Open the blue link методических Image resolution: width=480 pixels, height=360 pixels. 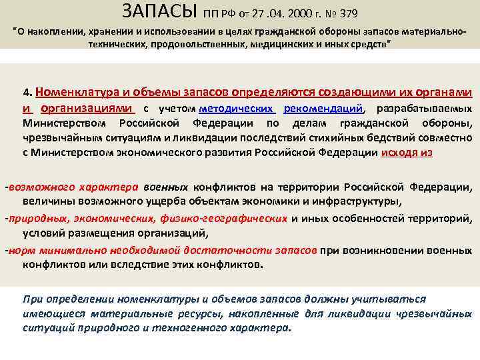pos(237,109)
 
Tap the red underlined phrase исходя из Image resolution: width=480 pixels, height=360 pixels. pos(407,152)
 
